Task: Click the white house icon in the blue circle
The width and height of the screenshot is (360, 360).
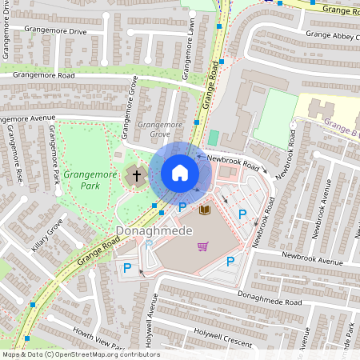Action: point(180,173)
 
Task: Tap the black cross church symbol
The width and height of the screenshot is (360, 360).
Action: point(136,174)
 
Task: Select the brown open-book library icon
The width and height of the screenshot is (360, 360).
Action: point(205,210)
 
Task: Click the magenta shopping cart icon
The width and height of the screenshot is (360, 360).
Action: point(203,246)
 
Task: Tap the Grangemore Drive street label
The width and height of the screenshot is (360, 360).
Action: point(55,30)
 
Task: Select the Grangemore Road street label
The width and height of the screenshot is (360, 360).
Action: point(45,75)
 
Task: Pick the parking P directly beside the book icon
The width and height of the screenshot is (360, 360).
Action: point(182,208)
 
